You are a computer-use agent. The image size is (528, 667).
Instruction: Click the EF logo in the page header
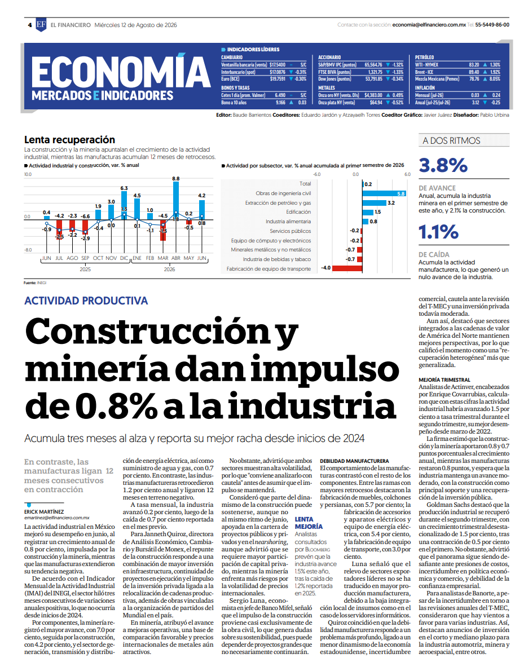(x=41, y=25)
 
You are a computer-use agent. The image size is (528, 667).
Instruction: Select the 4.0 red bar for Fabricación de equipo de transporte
(x=347, y=268)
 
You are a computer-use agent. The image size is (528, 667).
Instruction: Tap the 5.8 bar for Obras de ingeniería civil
(x=385, y=193)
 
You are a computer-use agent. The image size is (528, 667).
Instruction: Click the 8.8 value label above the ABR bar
(x=175, y=179)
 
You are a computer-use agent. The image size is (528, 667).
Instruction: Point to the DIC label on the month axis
(x=124, y=258)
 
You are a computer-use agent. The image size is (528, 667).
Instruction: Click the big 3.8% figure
(x=443, y=165)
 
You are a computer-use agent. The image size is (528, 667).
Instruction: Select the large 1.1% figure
(x=438, y=232)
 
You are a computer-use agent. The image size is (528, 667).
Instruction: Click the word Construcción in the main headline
(x=149, y=332)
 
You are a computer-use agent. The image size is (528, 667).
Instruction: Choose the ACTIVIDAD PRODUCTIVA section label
(x=86, y=301)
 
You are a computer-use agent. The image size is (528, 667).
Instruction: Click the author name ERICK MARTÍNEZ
(x=44, y=512)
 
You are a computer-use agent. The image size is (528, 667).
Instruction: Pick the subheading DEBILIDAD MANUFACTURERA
(x=354, y=461)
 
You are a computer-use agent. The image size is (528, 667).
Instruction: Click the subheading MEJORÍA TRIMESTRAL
(x=444, y=380)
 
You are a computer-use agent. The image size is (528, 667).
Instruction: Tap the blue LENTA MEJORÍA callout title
(x=309, y=523)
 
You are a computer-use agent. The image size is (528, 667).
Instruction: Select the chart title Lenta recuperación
(x=70, y=139)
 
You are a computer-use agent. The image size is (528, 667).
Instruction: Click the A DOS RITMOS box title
(x=451, y=141)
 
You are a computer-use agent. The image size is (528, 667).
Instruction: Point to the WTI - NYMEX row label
(x=426, y=65)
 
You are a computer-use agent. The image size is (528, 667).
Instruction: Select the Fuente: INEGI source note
(x=36, y=282)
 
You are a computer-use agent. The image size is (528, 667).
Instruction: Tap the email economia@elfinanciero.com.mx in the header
(x=429, y=25)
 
